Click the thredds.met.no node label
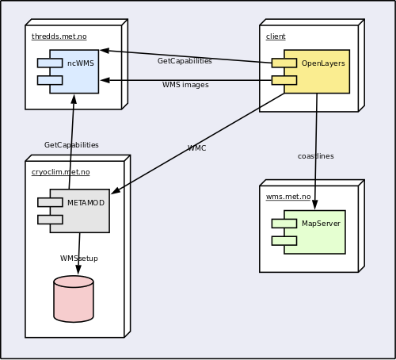pos(59,36)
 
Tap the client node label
pos(276,36)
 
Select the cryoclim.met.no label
pos(61,172)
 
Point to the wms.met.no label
pos(288,197)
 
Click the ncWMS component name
pos(81,63)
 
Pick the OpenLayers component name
pos(323,63)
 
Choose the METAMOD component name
pos(86,203)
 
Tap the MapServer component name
pos(321,224)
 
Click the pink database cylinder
pos(74,299)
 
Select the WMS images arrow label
pos(185,85)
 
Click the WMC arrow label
pos(196,148)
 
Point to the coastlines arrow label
pos(316,156)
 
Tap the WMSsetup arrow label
pos(79,259)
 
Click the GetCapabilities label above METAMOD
pos(71,145)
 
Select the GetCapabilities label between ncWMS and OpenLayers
pos(185,61)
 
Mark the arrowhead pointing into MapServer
pos(315,205)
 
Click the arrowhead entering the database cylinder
pos(78,270)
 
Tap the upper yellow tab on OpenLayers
pos(284,63)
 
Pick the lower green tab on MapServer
pos(284,241)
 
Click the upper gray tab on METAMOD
pos(50,202)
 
